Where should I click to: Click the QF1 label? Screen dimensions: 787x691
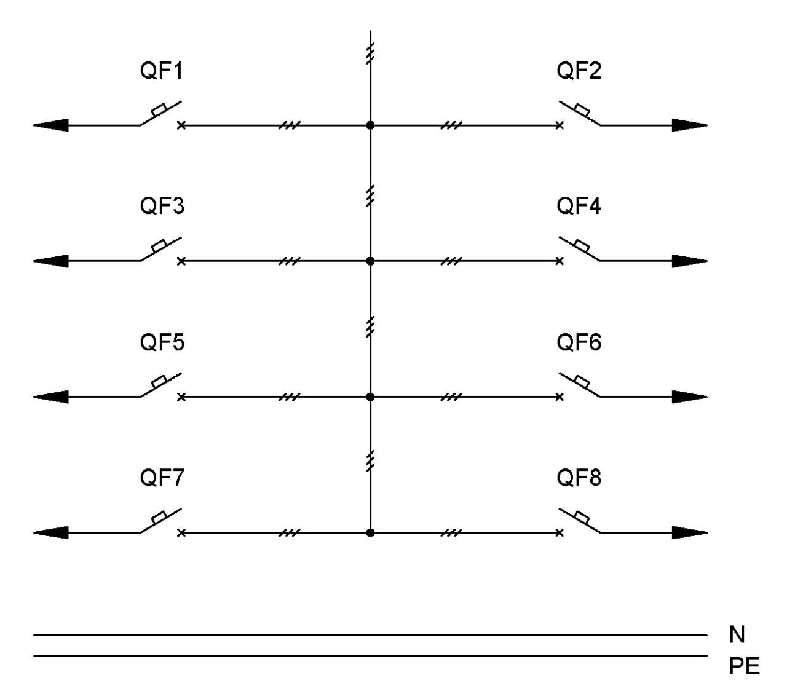point(161,71)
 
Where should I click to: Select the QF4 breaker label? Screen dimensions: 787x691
point(579,206)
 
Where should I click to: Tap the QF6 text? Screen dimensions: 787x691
point(579,342)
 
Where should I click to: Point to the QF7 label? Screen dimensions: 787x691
point(162,478)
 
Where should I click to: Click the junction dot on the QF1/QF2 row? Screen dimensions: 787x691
point(370,125)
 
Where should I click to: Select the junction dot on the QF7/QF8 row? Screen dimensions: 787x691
point(370,533)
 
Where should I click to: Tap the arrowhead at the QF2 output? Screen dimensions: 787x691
point(689,125)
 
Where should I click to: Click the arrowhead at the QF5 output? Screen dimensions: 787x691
point(51,397)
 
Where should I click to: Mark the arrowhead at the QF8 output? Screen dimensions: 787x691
point(689,533)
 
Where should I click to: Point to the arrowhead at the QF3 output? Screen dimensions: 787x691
point(51,261)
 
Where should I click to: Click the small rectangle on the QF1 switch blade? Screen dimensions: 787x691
point(159,110)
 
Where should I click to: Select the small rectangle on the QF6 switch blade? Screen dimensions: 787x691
point(582,382)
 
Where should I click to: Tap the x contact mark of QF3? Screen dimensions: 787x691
point(181,261)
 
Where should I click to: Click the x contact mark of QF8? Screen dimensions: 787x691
point(560,533)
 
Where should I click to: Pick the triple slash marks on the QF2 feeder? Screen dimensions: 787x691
point(451,125)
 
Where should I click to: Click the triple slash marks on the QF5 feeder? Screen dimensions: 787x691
point(290,397)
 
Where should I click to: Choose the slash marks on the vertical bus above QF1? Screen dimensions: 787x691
point(370,53)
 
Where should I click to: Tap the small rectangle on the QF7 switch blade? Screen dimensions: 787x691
point(159,518)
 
